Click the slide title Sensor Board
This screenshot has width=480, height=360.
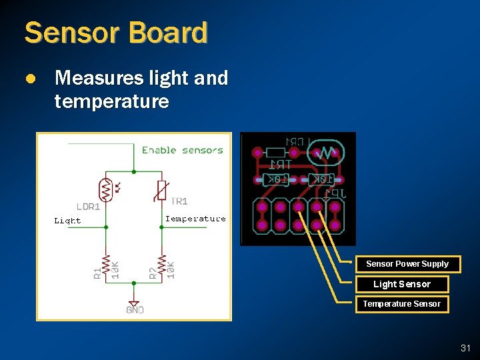[115, 33]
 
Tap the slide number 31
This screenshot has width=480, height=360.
[465, 348]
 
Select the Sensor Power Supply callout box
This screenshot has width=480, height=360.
[407, 264]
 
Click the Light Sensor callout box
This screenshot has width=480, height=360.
[401, 284]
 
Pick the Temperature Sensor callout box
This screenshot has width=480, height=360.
[401, 304]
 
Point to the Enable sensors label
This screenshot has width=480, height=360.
[182, 150]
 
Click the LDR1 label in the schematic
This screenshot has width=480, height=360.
[88, 207]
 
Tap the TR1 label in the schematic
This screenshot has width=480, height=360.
[179, 201]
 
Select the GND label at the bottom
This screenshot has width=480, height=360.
[135, 310]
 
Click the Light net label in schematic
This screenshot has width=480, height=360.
[67, 221]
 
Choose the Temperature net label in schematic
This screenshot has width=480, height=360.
[195, 219]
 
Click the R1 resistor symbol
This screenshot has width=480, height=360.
[105, 263]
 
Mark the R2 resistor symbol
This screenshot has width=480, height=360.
[161, 263]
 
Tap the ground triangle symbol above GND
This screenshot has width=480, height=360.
[134, 301]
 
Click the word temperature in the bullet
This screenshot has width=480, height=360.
[111, 102]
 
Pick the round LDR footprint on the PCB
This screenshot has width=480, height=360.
[325, 152]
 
